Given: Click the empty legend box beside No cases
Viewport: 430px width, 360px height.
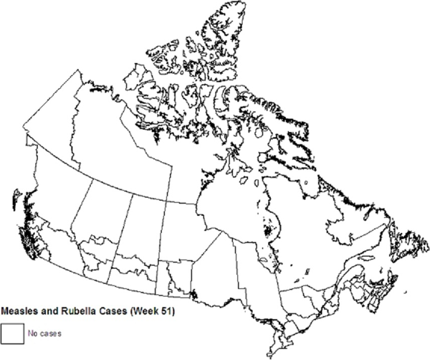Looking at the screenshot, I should point(11,333).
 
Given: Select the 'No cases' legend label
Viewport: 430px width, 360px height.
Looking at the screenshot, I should point(41,333).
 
